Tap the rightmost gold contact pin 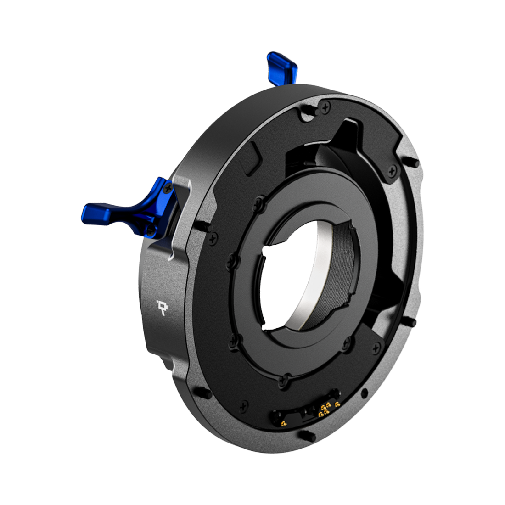click(338, 404)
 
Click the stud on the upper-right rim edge click(412, 163)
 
